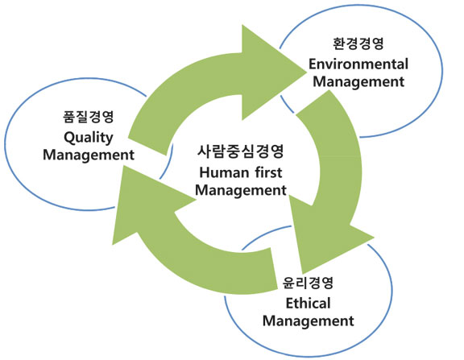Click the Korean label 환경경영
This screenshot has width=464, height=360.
click(358, 43)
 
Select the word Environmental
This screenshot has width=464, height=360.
click(358, 64)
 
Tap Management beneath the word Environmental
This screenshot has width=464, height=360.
click(358, 82)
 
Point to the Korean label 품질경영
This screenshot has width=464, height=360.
click(89, 116)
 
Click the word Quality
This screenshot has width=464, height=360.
click(89, 138)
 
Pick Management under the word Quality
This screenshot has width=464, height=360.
click(89, 155)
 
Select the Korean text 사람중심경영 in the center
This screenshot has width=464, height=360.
click(241, 151)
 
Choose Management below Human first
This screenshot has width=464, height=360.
click(241, 190)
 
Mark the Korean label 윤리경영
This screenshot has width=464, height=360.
click(308, 283)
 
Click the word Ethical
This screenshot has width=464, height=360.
click(308, 304)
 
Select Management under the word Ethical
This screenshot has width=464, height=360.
click(308, 321)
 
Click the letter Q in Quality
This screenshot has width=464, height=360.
click(69, 138)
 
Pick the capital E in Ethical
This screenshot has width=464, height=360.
click(290, 304)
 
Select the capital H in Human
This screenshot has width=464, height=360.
click(205, 173)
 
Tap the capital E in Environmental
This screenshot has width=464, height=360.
click(313, 64)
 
